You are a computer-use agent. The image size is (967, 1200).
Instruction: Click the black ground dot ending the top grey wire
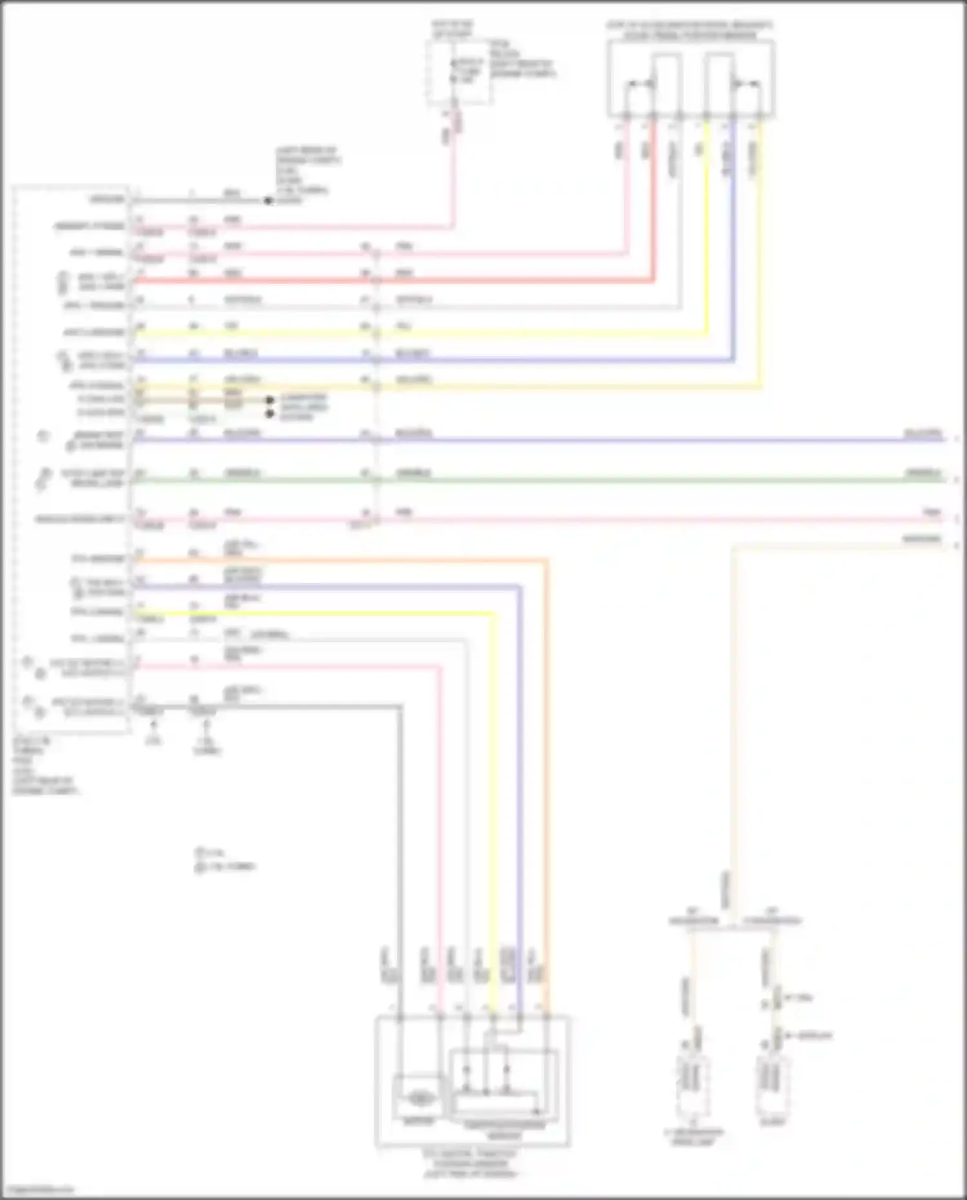pyautogui.click(x=268, y=201)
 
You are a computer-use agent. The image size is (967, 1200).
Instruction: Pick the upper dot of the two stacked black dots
pyautogui.click(x=270, y=400)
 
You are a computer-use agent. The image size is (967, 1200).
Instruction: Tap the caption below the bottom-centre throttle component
pyautogui.click(x=471, y=1163)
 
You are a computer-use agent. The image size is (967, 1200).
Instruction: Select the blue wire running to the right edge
pyautogui.click(x=645, y=440)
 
